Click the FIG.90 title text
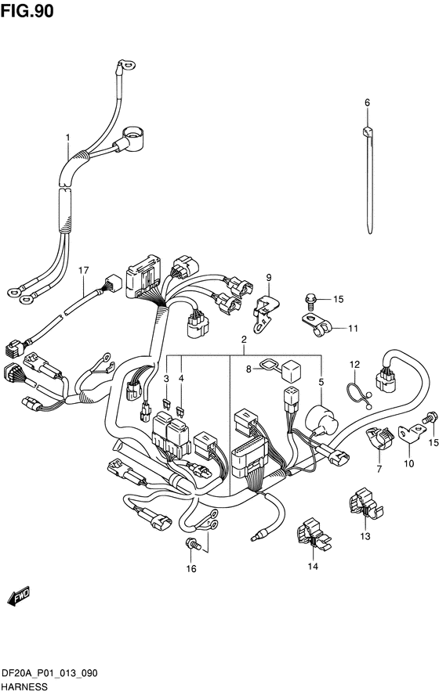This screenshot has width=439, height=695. pos(27,11)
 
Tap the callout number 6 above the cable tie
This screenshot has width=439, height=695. pos(367,103)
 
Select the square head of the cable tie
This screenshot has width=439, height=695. pos(367,131)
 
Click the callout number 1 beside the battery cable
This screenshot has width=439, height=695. pos(68,138)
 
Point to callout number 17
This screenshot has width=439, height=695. pos(84,270)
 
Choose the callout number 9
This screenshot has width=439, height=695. pos(269,278)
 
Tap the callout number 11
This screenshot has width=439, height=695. pos(353,329)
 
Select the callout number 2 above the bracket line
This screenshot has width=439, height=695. pos(244,340)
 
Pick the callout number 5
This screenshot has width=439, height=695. pos(321,381)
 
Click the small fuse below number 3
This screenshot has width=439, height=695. pos(166,403)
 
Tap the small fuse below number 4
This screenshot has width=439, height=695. pos(180,412)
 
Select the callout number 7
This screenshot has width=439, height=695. pos(379,469)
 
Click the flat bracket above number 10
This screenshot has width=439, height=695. pos(412,433)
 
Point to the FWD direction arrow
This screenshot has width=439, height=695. pos(19,596)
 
